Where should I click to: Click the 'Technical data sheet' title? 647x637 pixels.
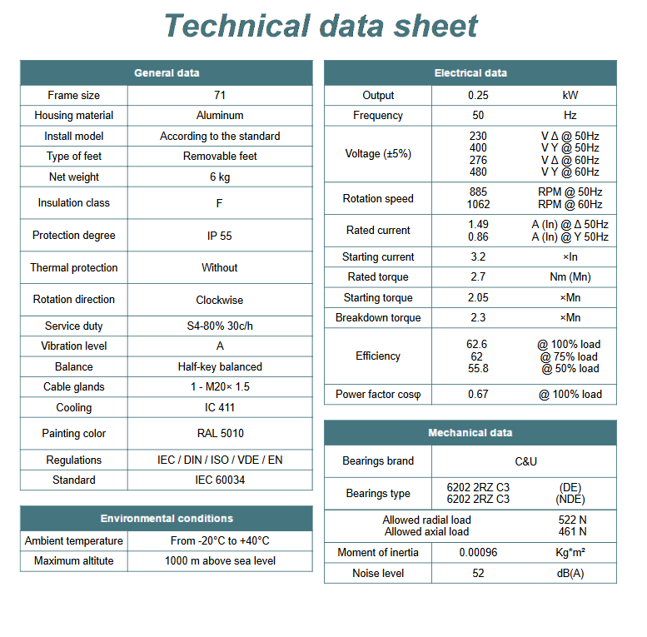[x=321, y=26]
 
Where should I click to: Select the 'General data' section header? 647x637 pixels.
[x=167, y=73]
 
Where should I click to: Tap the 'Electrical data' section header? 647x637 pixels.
[x=470, y=73]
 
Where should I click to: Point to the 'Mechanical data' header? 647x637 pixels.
[x=470, y=433]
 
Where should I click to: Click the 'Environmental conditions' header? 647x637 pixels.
[x=167, y=519]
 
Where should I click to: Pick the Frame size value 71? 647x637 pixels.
[x=220, y=96]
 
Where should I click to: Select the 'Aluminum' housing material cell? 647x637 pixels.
[x=220, y=116]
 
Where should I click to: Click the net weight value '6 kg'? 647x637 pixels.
[x=220, y=177]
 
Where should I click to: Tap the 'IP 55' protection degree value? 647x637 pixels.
[x=220, y=236]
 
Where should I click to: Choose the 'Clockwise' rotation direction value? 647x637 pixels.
[x=220, y=300]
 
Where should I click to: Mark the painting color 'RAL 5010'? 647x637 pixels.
[x=220, y=434]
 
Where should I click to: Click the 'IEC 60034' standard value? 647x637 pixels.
[x=220, y=480]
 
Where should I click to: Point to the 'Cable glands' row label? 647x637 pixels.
[x=74, y=387]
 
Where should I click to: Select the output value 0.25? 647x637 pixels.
[x=478, y=96]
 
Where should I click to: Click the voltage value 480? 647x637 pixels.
[x=478, y=172]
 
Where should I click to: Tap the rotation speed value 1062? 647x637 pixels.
[x=478, y=205]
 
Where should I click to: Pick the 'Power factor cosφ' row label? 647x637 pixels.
[x=378, y=395]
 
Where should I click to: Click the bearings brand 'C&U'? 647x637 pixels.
[x=525, y=461]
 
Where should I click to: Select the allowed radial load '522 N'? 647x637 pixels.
[x=572, y=520]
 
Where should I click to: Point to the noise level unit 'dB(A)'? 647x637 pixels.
[x=570, y=574]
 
